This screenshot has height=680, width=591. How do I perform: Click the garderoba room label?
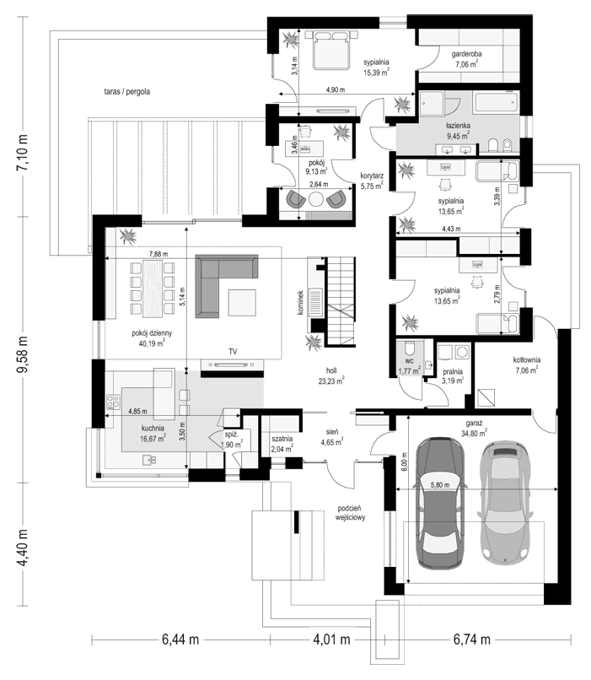(x=466, y=54)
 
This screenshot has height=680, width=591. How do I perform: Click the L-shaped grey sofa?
(x=221, y=281)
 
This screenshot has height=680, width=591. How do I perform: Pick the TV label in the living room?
(x=233, y=352)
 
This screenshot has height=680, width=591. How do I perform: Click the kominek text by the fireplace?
(x=301, y=303)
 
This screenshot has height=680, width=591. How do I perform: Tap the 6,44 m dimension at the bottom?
(x=180, y=640)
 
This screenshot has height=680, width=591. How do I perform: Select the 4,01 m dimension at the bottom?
(x=331, y=640)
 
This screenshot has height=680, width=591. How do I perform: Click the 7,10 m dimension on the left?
(x=23, y=153)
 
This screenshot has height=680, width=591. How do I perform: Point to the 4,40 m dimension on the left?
(x=23, y=548)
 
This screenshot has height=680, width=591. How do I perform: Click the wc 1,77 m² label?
(x=410, y=366)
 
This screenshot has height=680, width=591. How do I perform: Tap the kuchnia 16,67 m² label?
(x=153, y=434)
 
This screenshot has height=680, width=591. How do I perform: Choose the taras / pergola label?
(x=127, y=92)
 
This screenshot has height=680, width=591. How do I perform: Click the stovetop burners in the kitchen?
(x=114, y=402)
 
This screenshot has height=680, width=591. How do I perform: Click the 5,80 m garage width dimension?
(x=440, y=485)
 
